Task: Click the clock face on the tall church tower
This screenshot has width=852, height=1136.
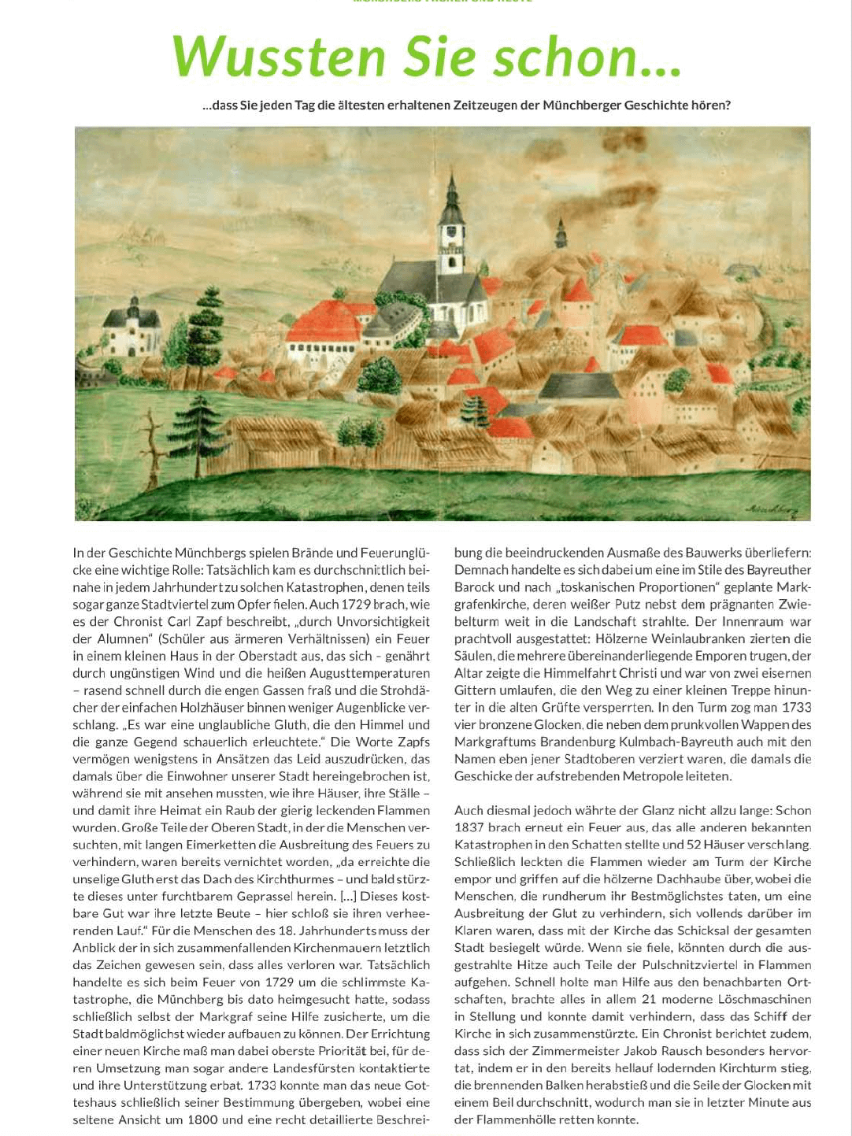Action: (x=452, y=232)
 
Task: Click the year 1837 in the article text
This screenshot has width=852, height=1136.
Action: (x=471, y=827)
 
